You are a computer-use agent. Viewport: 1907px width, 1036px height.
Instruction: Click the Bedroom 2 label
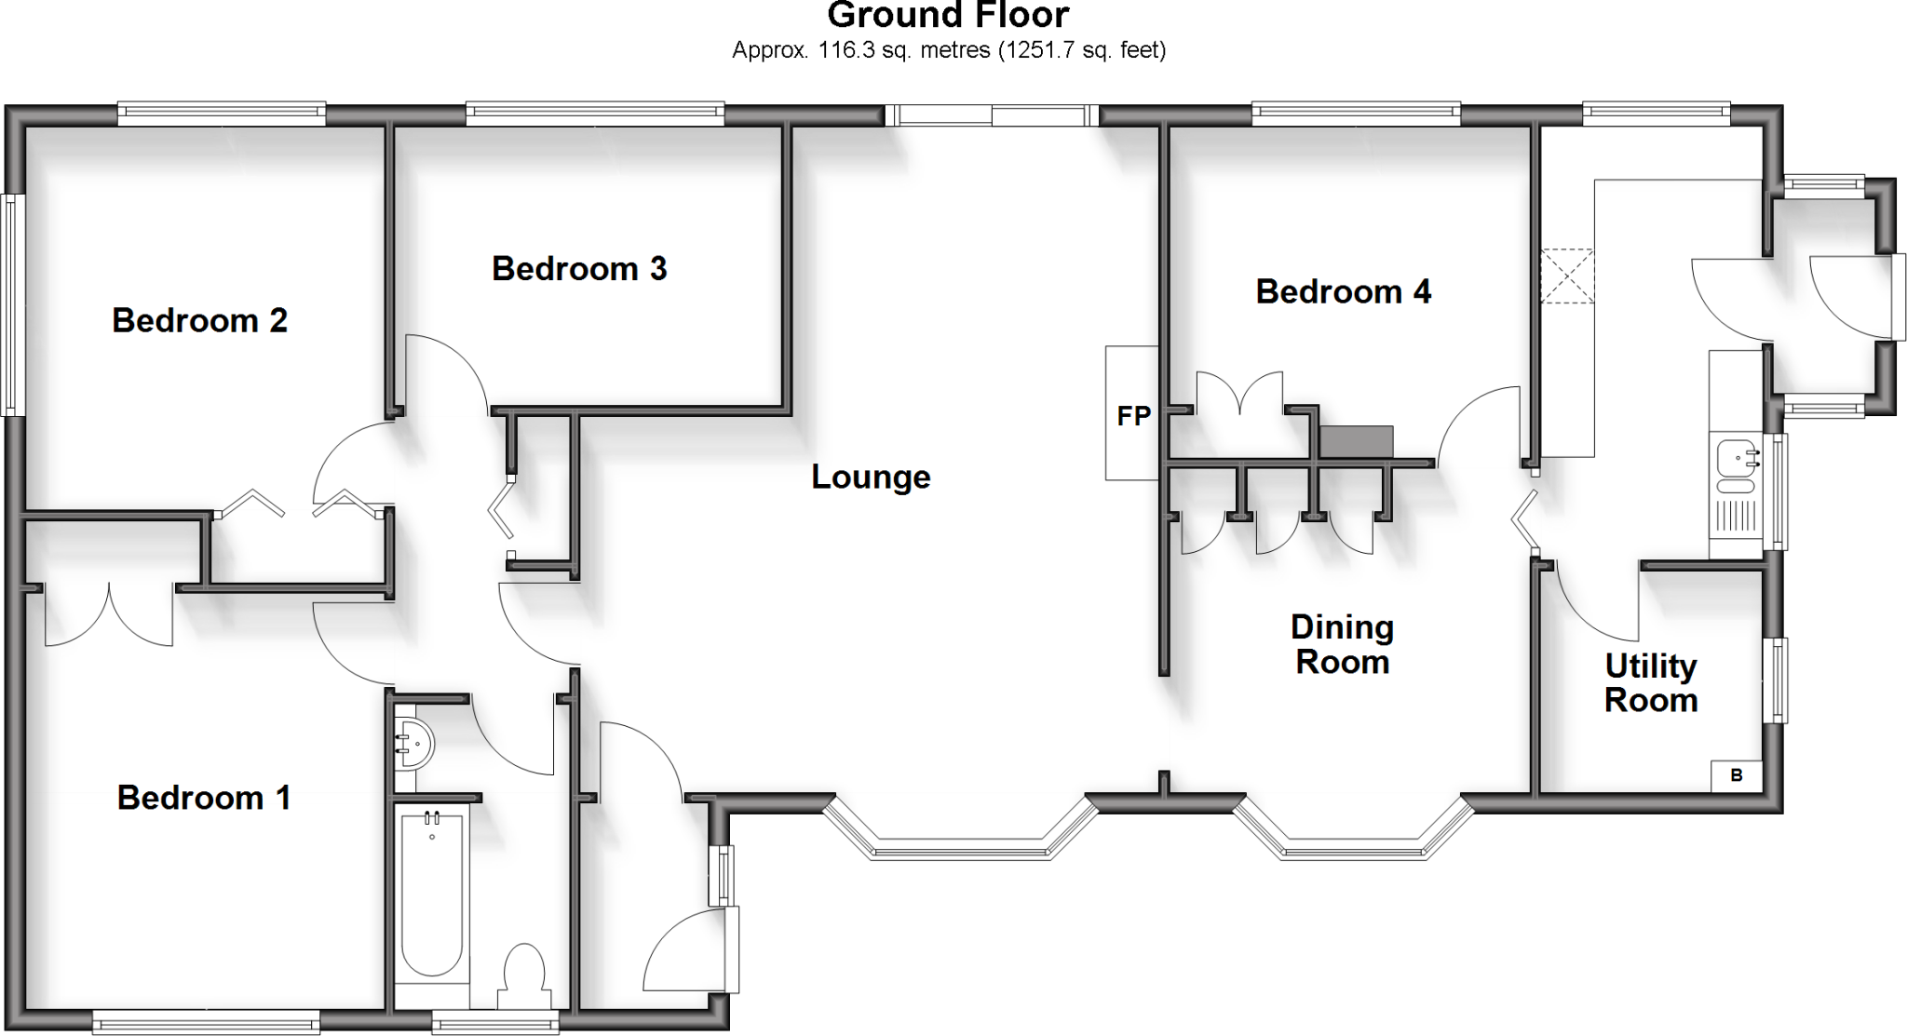pyautogui.click(x=199, y=320)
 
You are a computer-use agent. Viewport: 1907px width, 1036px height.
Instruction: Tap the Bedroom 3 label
pyautogui.click(x=579, y=269)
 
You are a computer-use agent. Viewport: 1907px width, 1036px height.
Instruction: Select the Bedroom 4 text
pyautogui.click(x=1343, y=292)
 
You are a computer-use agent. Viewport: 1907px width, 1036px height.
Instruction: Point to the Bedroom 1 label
pyautogui.click(x=203, y=798)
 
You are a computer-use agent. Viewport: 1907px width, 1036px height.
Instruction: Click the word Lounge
pyautogui.click(x=871, y=478)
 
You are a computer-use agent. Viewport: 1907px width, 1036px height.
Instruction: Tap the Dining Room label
pyautogui.click(x=1342, y=645)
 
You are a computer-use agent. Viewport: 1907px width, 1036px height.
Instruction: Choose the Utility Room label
pyautogui.click(x=1650, y=683)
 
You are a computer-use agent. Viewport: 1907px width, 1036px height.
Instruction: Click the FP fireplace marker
pyautogui.click(x=1133, y=416)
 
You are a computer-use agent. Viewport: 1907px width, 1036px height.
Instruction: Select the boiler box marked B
pyautogui.click(x=1736, y=775)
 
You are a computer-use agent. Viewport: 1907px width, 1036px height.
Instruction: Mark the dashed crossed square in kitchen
pyautogui.click(x=1567, y=276)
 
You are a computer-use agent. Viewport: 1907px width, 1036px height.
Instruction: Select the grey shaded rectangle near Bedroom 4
pyautogui.click(x=1356, y=441)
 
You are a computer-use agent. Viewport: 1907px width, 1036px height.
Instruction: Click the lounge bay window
pyautogui.click(x=960, y=833)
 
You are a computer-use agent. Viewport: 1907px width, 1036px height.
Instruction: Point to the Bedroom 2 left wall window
pyautogui.click(x=11, y=304)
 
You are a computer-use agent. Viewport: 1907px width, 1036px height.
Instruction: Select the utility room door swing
pyautogui.click(x=1592, y=605)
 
